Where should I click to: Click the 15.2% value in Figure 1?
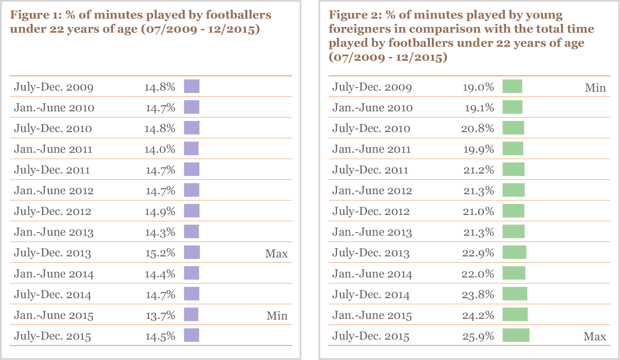pos(160,253)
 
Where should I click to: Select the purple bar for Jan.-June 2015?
pos(191,314)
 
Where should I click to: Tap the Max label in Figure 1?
pos(276,254)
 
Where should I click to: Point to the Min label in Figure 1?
pos(277,316)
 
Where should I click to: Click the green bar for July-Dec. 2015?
pos(516,335)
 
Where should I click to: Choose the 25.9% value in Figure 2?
pos(478,336)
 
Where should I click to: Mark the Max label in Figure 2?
pos(595,336)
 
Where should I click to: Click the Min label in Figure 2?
pos(595,87)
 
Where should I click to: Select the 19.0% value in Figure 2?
pos(478,87)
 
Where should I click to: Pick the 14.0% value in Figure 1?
pos(160,149)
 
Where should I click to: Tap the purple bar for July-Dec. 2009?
pos(192,86)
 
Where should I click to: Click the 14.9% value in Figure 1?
pos(160,211)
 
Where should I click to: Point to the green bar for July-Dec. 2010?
pos(513,128)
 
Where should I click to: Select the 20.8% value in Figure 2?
pos(477,129)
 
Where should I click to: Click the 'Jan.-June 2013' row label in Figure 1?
pos(54,232)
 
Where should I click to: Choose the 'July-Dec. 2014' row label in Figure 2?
pos(371,295)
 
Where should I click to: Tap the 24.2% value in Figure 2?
pos(478,315)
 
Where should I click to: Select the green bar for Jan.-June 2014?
pos(514,273)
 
